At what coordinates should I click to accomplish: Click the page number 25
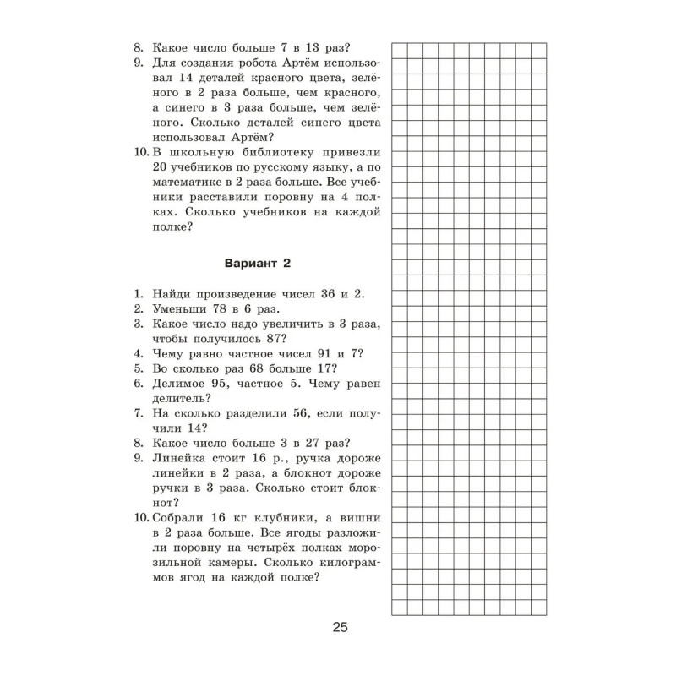click(340, 627)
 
